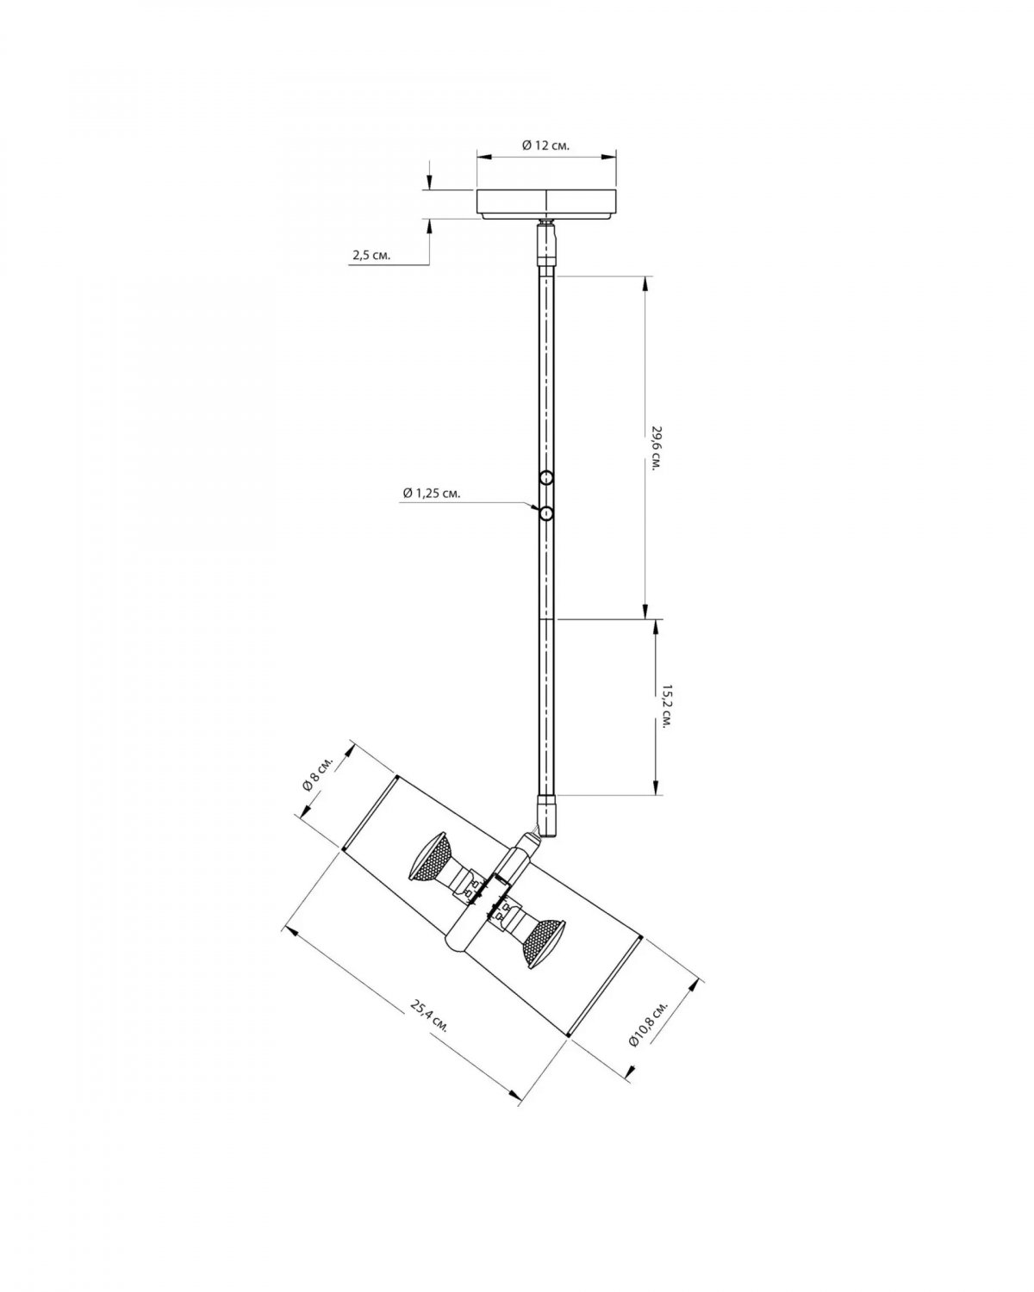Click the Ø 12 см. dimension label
point(545,146)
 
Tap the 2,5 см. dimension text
point(371,255)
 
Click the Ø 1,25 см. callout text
point(432,493)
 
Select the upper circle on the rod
point(546,478)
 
